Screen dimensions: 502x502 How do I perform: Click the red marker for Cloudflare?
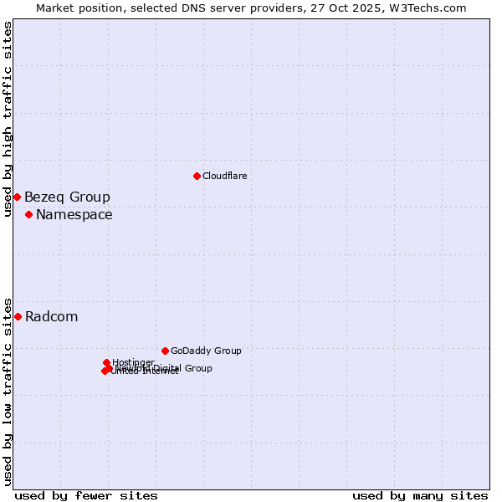click(197, 176)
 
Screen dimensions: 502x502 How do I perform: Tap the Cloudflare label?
click(224, 176)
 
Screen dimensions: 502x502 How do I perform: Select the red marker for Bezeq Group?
click(17, 197)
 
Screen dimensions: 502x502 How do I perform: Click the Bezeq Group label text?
click(67, 197)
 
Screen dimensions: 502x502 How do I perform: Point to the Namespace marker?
click(28, 215)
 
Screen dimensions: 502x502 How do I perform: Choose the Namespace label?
click(74, 215)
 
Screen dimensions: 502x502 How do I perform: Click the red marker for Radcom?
click(18, 316)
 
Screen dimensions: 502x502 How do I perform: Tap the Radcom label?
click(51, 317)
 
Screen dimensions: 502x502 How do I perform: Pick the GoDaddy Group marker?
click(165, 351)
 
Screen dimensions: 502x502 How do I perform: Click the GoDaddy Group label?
click(206, 351)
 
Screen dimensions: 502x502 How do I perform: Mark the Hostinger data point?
click(107, 362)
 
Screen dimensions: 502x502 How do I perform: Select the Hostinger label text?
click(133, 362)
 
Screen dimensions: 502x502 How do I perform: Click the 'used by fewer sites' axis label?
click(86, 496)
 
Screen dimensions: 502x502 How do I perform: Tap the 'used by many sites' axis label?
click(420, 496)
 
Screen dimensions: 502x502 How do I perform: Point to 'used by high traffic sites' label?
click(8, 119)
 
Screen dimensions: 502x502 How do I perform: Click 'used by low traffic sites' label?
click(8, 391)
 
